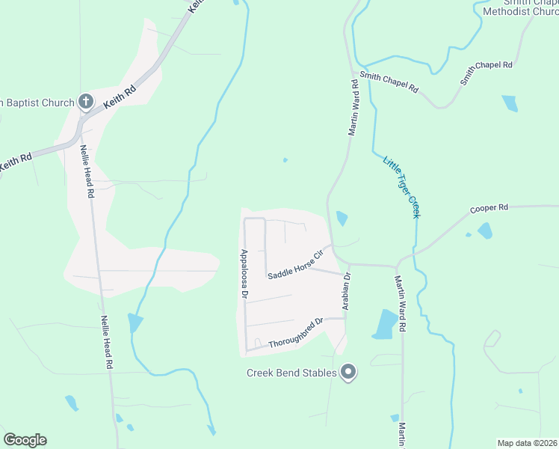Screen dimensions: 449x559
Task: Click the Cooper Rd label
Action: tap(489, 208)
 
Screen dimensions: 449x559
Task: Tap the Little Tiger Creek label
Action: tap(401, 187)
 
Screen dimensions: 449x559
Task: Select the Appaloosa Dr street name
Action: tap(244, 274)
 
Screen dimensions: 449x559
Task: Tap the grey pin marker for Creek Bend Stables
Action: tap(348, 371)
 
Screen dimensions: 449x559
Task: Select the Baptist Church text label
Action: tap(37, 103)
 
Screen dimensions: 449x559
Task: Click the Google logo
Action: tap(25, 440)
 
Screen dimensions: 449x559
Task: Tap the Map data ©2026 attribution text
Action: tap(526, 442)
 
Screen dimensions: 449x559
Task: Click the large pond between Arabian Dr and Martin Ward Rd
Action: tap(386, 324)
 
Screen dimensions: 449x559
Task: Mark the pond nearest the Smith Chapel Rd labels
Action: tap(510, 103)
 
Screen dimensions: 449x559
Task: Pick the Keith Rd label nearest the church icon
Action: tap(120, 97)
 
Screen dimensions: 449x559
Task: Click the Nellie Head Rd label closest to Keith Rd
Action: tap(87, 171)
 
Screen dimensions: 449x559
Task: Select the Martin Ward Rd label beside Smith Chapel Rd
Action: tap(354, 109)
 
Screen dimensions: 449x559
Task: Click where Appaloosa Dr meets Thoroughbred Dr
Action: tap(246, 349)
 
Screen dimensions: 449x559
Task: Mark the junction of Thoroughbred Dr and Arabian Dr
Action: tap(346, 318)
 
